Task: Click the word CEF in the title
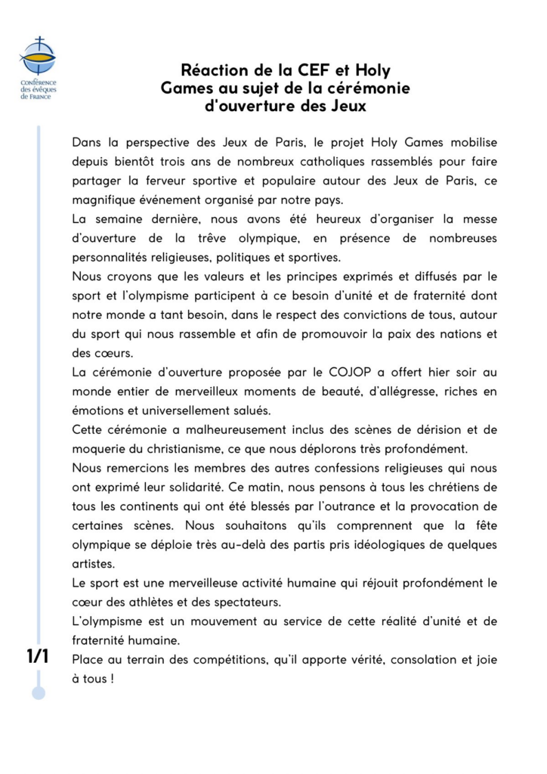[298, 70]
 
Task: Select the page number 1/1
[37, 656]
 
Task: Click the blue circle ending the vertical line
[39, 692]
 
